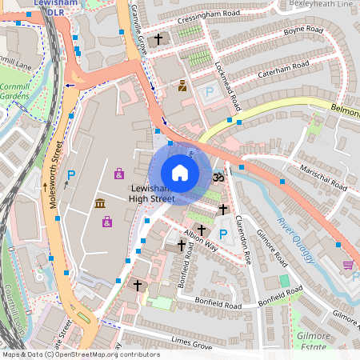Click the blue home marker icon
[180, 173]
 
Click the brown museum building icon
[102, 205]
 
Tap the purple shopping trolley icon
[348, 266]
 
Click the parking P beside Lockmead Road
[210, 93]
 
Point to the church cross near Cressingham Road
[158, 38]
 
